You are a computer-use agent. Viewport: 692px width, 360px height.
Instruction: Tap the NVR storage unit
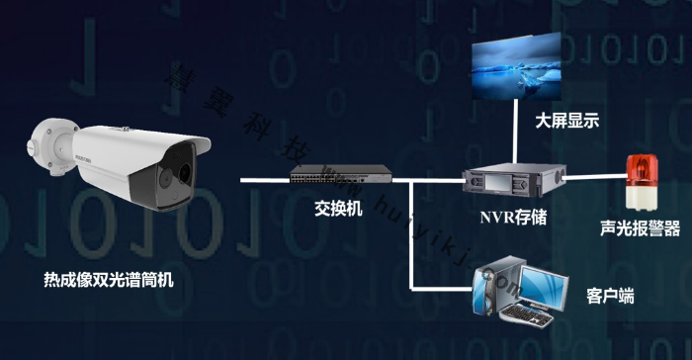pos(514,181)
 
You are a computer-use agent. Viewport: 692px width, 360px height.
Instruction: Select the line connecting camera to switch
pos(265,180)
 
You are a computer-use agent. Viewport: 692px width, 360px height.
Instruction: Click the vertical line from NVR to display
pos(515,134)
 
